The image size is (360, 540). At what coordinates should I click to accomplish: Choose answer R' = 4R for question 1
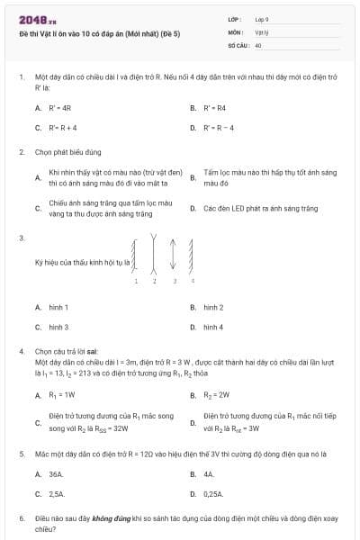pyautogui.click(x=60, y=107)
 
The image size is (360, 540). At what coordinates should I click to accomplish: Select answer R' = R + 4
pyautogui.click(x=63, y=128)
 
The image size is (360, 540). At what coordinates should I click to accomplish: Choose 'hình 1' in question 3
pyautogui.click(x=58, y=308)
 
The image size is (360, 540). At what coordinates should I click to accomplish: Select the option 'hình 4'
pyautogui.click(x=213, y=327)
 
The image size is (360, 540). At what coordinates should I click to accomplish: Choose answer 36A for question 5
pyautogui.click(x=56, y=473)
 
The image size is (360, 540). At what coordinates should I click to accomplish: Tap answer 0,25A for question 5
pyautogui.click(x=214, y=494)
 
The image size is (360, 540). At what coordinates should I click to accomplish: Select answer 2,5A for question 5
pyautogui.click(x=57, y=494)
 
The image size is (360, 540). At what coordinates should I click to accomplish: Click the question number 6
pyautogui.click(x=21, y=519)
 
